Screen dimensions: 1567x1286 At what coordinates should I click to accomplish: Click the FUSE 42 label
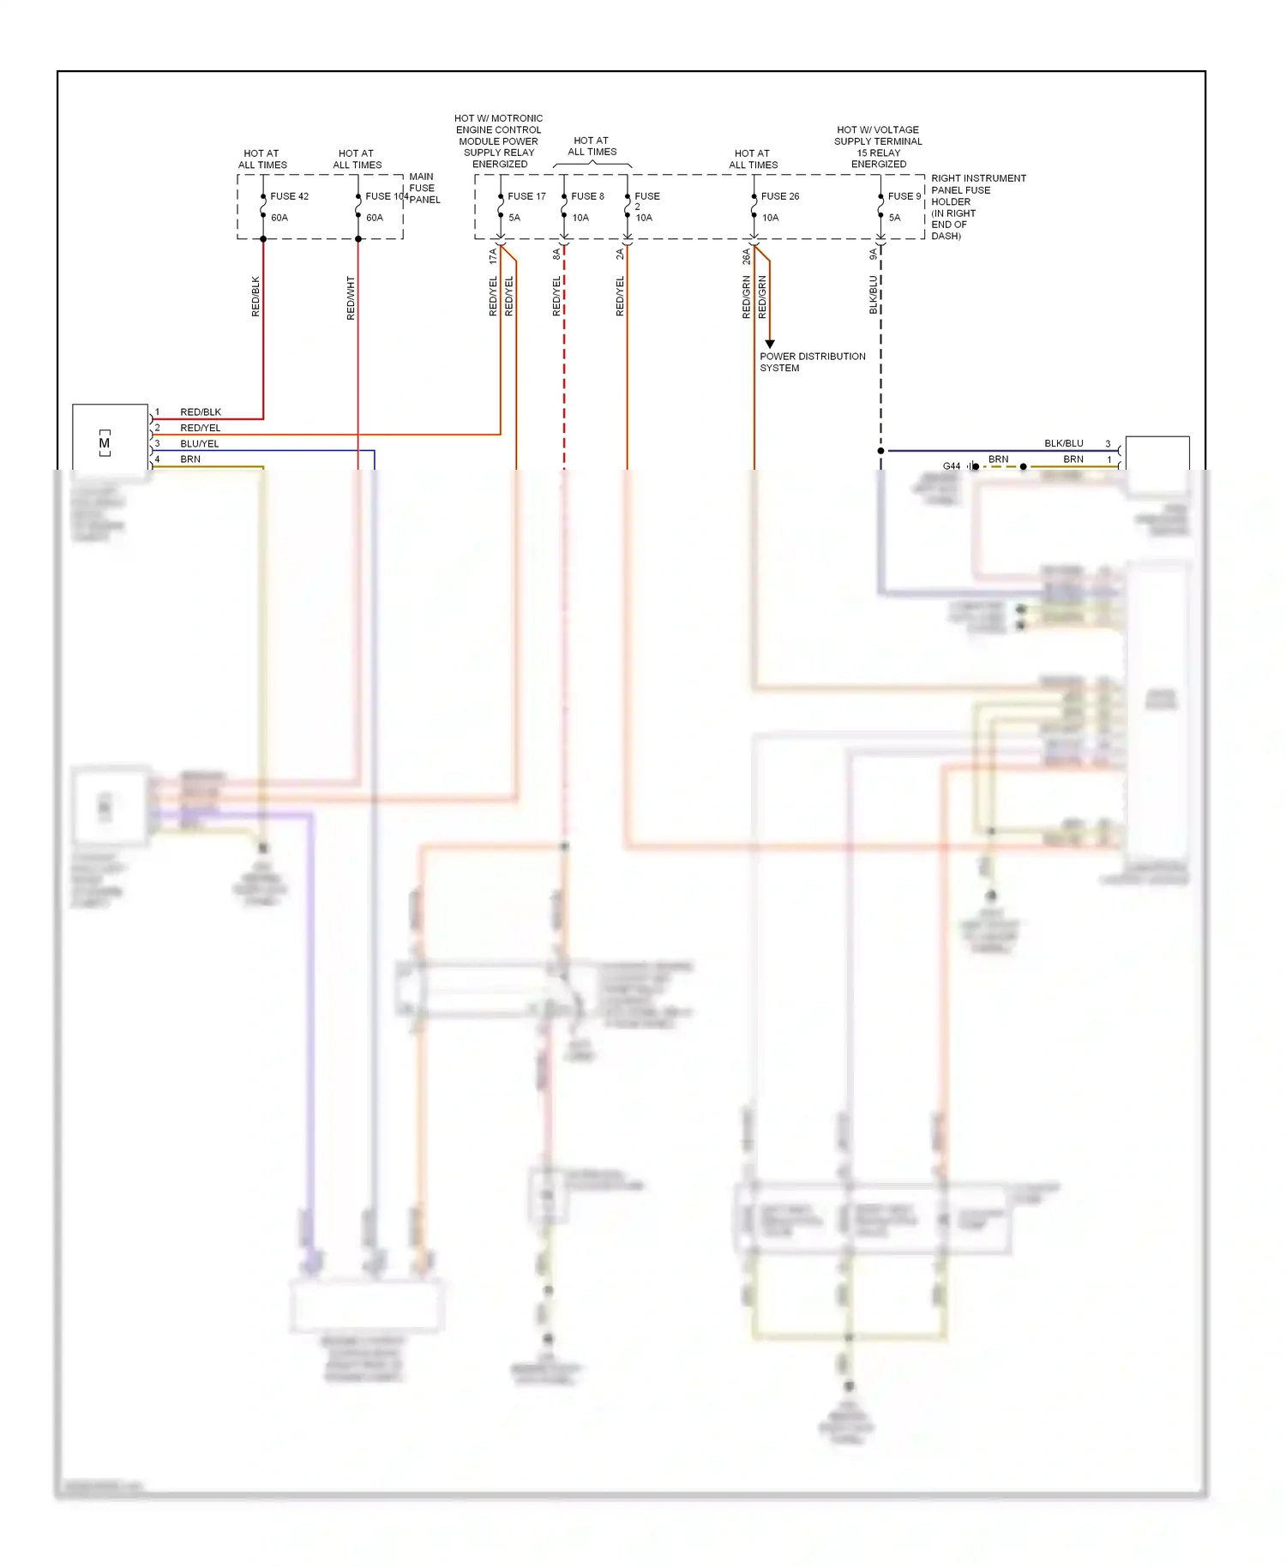click(289, 196)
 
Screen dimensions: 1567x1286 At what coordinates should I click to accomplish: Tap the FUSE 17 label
click(526, 196)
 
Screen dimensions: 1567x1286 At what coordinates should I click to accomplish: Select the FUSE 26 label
click(779, 196)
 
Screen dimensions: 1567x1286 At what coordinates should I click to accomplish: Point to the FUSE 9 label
click(904, 196)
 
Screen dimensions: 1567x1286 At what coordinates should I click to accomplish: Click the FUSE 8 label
click(587, 196)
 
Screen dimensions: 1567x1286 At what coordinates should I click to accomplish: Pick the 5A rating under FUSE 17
click(514, 218)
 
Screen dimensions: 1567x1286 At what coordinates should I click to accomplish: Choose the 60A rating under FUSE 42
click(279, 218)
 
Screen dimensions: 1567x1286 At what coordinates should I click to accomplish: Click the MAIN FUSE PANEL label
click(424, 189)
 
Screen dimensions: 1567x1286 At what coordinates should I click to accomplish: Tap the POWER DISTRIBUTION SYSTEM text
click(812, 362)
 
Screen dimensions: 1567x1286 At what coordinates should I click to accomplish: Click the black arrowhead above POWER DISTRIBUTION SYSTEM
click(770, 344)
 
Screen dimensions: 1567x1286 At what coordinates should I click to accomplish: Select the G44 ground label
click(951, 466)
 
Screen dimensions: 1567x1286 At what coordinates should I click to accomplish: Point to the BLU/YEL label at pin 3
click(199, 444)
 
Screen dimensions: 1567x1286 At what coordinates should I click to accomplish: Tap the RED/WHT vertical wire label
click(351, 298)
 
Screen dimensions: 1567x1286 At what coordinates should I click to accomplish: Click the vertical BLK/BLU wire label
click(874, 294)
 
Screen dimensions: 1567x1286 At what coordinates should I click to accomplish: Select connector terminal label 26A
click(747, 255)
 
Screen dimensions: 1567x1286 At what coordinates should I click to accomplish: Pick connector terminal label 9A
click(874, 255)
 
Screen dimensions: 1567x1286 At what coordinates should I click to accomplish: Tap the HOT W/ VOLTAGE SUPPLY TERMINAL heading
click(878, 147)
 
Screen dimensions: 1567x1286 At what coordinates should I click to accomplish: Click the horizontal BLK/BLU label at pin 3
click(1063, 443)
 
